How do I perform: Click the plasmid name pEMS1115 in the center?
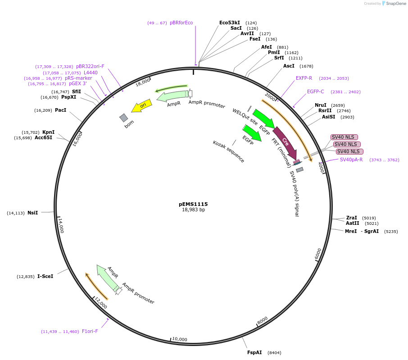(x=193, y=204)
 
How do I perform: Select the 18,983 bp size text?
(x=193, y=210)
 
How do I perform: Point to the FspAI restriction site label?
(x=254, y=352)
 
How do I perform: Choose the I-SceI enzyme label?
(x=45, y=276)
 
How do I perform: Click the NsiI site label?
(x=33, y=213)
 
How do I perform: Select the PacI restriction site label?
(x=60, y=110)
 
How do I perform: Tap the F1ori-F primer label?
(x=90, y=331)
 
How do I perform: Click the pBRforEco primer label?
(x=181, y=23)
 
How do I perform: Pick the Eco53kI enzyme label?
(x=230, y=22)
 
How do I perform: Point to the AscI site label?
(x=289, y=66)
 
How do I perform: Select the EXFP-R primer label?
(x=304, y=78)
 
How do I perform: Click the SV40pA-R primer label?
(x=351, y=159)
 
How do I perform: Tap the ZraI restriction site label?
(x=351, y=218)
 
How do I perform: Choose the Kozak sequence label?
(x=229, y=151)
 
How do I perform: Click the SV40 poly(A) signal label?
(x=294, y=193)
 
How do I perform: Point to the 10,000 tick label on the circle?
(x=180, y=339)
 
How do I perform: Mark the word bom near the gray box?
(x=129, y=126)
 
